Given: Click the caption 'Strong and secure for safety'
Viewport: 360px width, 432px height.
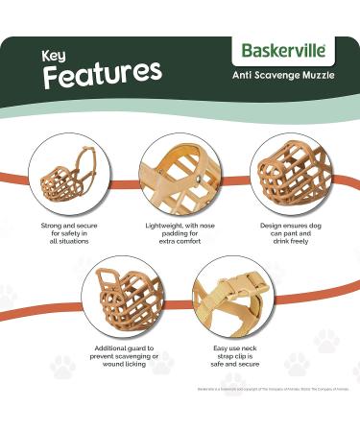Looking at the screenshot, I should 67,230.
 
